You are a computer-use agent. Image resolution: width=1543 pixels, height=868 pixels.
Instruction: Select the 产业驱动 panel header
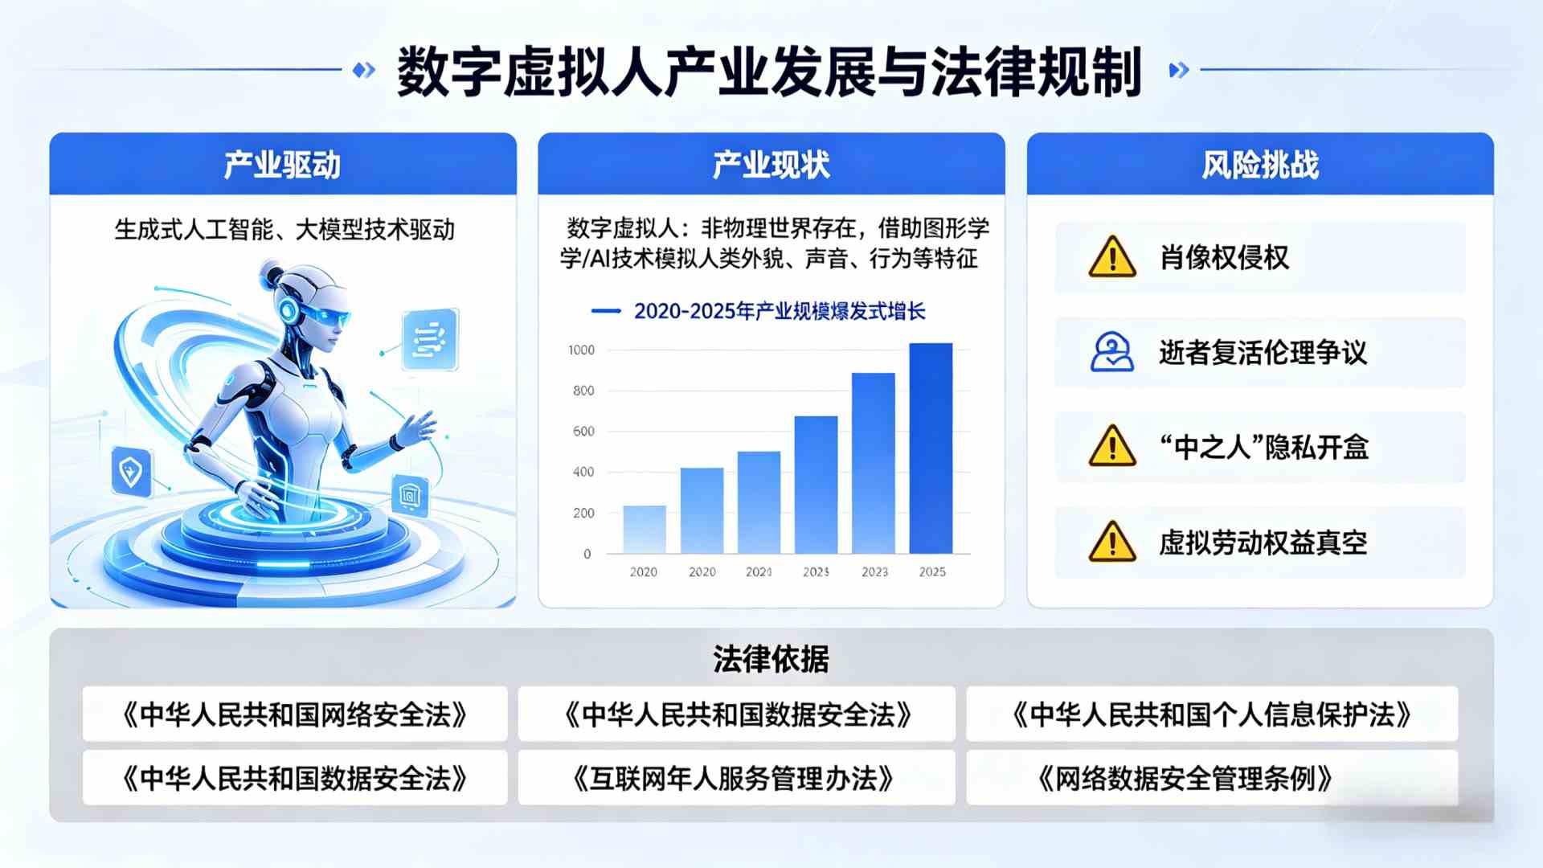tap(282, 165)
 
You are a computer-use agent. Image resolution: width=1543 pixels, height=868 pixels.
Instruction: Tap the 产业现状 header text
tap(771, 165)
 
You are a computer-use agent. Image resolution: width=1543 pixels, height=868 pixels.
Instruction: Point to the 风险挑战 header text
tap(1260, 165)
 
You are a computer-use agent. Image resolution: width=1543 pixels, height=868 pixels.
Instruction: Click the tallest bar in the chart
tap(931, 448)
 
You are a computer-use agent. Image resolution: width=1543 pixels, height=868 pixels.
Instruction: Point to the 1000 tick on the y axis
tap(581, 350)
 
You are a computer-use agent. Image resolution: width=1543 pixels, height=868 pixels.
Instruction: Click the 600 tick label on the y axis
tap(583, 432)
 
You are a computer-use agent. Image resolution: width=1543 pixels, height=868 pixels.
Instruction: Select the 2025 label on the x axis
tap(932, 571)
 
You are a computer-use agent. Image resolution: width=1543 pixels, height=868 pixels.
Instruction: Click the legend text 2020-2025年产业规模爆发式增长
tap(780, 311)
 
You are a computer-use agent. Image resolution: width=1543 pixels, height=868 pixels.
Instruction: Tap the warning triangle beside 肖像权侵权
tap(1112, 258)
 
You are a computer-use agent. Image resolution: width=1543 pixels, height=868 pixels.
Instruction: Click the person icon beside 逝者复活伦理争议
tap(1112, 352)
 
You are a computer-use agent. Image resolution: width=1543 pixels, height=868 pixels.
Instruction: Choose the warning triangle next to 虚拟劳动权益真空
tap(1112, 542)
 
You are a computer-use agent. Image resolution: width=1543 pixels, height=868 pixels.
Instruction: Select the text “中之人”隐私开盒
tap(1263, 447)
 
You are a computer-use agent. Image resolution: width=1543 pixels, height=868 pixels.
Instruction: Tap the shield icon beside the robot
tap(131, 471)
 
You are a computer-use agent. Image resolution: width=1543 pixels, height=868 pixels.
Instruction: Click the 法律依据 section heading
tap(771, 659)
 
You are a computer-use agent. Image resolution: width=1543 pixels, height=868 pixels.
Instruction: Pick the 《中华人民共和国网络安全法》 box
tap(295, 714)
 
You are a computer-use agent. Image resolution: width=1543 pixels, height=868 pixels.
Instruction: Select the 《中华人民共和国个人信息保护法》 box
tap(1212, 714)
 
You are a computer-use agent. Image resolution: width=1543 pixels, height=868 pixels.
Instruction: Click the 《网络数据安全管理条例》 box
tap(1186, 778)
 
